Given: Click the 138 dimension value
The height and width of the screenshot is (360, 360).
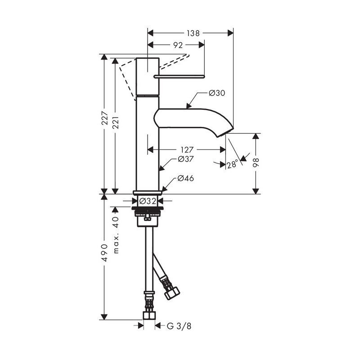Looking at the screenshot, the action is tap(193, 33).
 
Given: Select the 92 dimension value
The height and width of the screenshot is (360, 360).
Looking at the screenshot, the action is tap(178, 45).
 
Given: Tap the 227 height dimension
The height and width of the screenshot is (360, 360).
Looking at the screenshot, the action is tap(105, 118).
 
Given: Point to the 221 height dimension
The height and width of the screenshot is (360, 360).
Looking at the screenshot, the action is tap(116, 122).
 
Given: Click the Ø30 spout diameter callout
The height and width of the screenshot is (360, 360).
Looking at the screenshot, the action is tap(217, 93).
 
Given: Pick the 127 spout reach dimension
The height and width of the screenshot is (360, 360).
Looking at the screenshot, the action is tap(187, 150).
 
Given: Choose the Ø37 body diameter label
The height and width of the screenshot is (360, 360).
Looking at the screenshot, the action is tap(186, 159).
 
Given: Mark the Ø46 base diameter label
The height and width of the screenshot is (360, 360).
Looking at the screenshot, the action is tap(185, 178).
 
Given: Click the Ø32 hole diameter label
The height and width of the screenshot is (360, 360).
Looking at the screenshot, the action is tap(148, 201).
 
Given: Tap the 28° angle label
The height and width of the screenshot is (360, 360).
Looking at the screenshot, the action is tap(232, 164).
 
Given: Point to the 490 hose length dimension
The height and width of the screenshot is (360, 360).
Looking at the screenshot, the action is tap(104, 253).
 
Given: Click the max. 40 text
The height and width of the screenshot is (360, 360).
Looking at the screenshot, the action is tap(116, 235).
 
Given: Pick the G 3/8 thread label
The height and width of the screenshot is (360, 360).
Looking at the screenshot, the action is tap(179, 326).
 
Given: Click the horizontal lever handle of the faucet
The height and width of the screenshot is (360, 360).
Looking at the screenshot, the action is tap(179, 76).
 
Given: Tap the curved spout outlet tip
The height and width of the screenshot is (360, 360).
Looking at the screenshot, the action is tap(225, 133).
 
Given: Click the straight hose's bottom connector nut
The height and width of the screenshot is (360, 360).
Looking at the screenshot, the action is tap(149, 315).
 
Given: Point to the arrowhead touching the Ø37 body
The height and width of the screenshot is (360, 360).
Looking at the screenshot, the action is tap(162, 168).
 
